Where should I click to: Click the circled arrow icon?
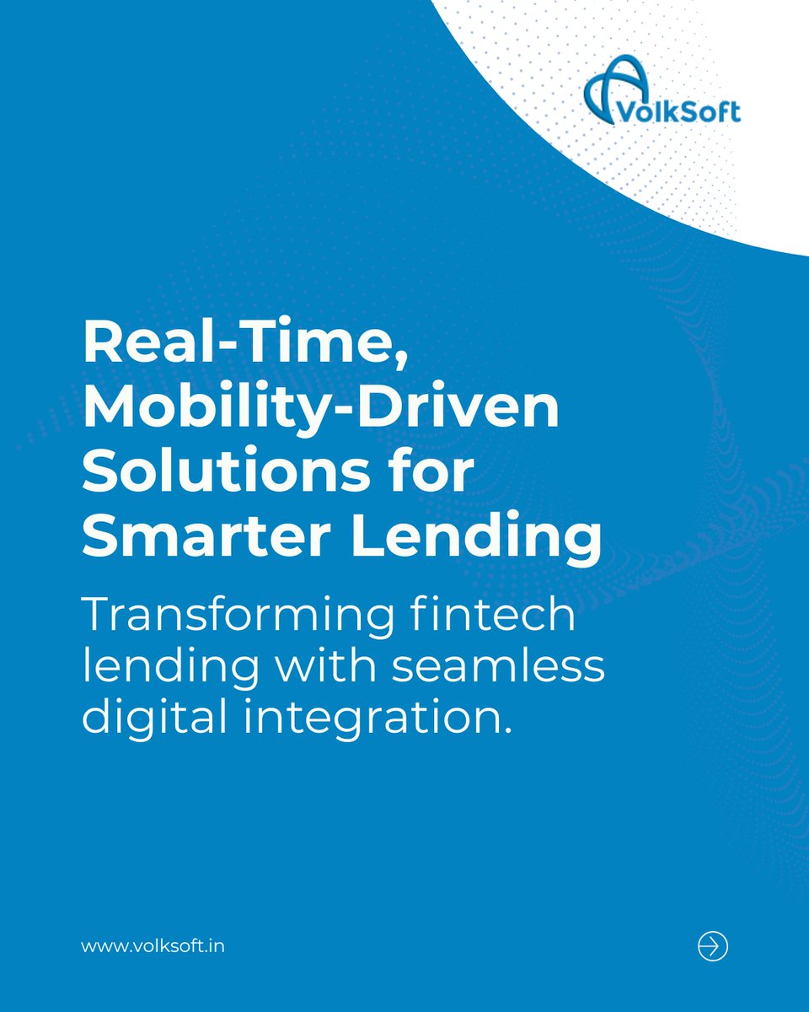pos(713,946)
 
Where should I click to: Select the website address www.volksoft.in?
pos(153,946)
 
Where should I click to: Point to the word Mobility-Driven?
pos(320,409)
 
